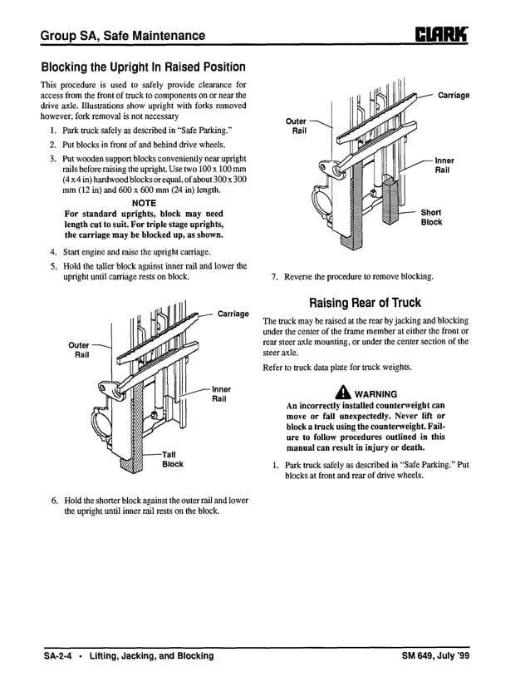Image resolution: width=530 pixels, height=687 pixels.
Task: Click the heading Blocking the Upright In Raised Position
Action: [143, 67]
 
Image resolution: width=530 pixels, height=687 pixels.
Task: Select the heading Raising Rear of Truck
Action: [365, 303]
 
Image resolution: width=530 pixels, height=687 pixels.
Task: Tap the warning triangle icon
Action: [341, 393]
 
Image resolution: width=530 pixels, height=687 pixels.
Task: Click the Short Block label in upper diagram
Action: [431, 217]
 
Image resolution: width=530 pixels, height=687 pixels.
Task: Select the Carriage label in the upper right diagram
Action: [454, 96]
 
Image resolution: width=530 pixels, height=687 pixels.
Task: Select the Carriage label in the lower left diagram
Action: [233, 314]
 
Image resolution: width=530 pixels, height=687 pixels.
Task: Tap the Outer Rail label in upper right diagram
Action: [297, 126]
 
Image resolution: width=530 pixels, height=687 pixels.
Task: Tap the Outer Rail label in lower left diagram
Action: [79, 349]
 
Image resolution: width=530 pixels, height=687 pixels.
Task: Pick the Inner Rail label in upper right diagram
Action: [444, 165]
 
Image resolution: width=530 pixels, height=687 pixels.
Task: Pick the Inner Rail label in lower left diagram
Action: [222, 393]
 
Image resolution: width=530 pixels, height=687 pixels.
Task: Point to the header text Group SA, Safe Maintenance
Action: [123, 36]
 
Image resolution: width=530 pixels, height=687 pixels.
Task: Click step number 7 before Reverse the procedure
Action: [274, 276]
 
